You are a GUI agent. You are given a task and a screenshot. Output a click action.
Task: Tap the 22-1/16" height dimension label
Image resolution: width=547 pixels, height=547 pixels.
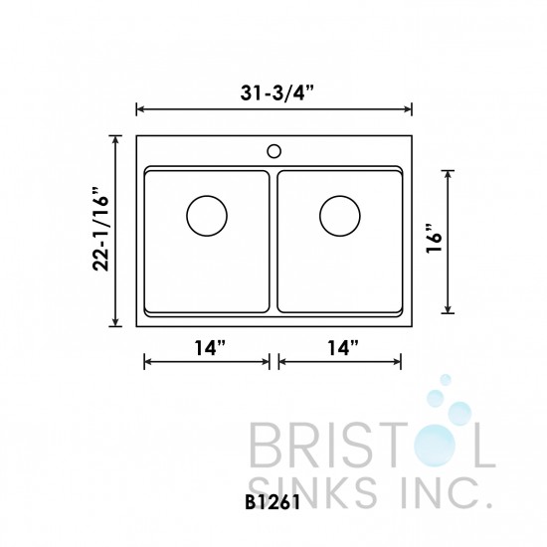[99, 231]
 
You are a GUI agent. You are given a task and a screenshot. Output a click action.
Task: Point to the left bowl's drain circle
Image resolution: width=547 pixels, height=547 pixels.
[207, 215]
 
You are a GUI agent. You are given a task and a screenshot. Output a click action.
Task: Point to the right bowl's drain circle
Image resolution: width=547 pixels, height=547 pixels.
[340, 215]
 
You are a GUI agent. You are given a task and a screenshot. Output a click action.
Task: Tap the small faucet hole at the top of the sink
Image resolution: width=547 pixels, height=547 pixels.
[273, 152]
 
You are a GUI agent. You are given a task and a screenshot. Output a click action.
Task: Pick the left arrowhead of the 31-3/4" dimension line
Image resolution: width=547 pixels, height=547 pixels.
[140, 108]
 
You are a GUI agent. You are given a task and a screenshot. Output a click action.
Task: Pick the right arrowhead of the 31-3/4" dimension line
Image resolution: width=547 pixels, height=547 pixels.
[408, 108]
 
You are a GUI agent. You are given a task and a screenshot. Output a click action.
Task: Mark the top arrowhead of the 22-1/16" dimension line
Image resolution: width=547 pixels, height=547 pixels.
[118, 139]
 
